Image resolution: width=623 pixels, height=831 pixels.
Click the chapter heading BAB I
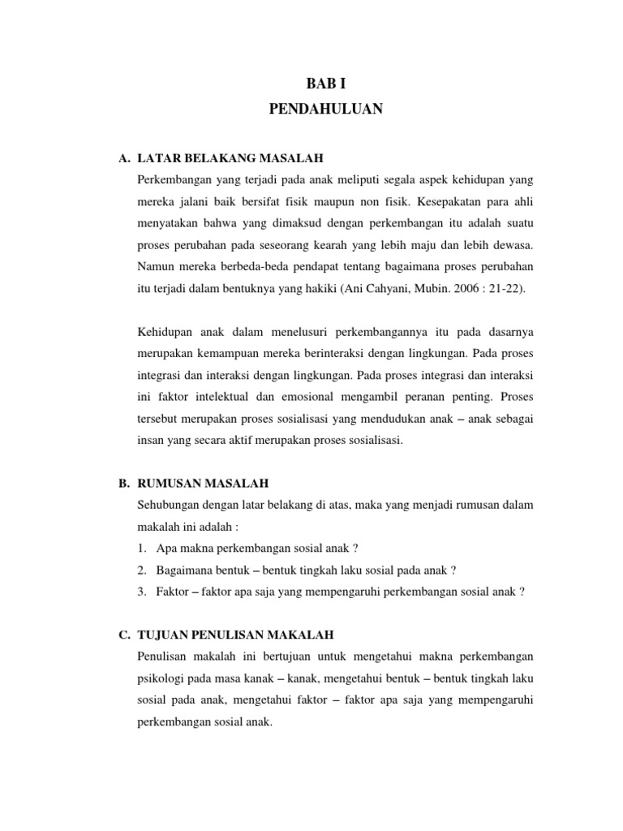319,83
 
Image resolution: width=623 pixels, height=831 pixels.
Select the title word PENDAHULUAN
319,110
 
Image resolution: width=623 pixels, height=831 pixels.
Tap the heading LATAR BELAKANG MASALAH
220,157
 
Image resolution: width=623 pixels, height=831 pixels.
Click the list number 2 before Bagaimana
142,571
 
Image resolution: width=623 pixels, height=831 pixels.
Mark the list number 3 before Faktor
142,592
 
